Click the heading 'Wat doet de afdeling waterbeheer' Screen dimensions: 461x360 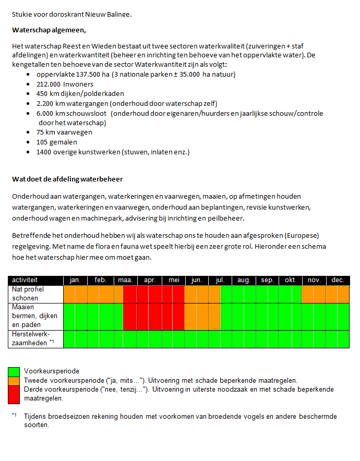coord(67,179)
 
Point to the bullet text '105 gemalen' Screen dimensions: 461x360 coord(57,142)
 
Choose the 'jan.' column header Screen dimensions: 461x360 coord(75,280)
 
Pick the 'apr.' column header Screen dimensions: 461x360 coord(150,280)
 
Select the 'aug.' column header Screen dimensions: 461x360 coord(244,280)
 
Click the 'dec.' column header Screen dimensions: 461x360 coord(338,280)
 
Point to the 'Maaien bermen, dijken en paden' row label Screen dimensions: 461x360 coord(34,316)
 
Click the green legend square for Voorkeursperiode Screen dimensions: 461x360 coord(15,371)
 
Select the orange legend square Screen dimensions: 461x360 coord(15,380)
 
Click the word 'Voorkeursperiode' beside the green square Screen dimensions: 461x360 coord(52,371)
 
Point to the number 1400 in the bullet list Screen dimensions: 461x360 coord(44,152)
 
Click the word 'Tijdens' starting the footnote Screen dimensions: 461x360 coord(35,416)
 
